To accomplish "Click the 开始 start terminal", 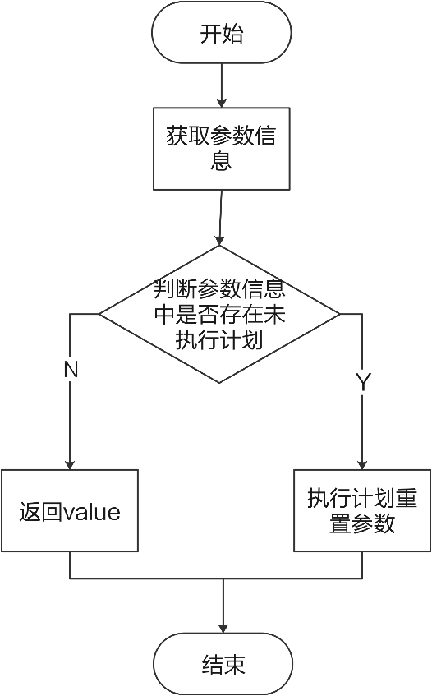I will [222, 34].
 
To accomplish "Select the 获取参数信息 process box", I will [222, 147].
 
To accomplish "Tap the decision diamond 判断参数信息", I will [219, 314].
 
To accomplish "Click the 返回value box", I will [70, 511].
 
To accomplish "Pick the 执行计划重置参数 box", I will [362, 510].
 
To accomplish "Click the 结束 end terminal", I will [223, 664].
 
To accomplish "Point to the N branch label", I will [71, 370].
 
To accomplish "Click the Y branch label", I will [362, 381].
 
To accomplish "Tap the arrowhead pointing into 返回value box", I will [70, 463].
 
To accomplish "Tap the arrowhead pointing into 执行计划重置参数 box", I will [362, 463].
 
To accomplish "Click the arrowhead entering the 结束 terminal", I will [223, 629].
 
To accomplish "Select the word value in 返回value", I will [92, 513].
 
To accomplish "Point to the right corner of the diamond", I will [337, 314].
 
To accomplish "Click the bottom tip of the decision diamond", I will [219, 381].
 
